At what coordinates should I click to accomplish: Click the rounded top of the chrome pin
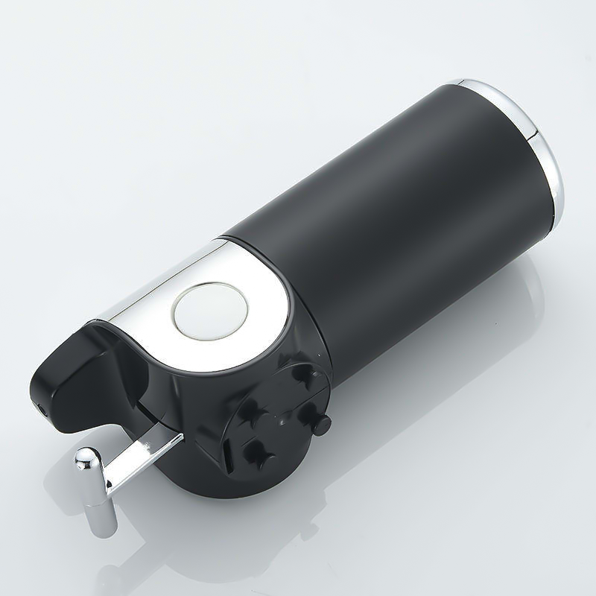85,456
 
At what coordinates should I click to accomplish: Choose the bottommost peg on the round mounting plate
260,448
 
